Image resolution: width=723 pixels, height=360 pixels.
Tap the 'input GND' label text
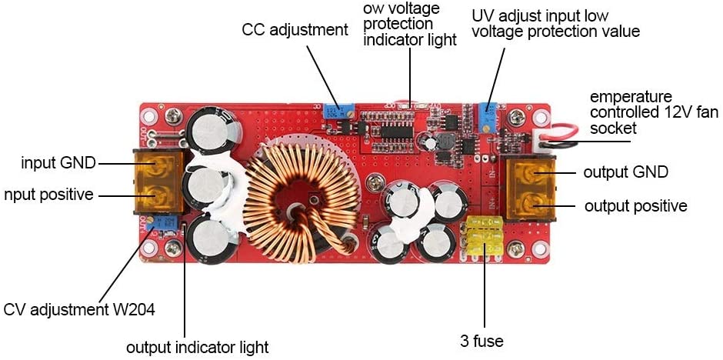(x=58, y=163)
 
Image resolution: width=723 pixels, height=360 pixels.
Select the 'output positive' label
(x=635, y=206)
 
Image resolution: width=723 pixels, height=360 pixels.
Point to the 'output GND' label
(x=625, y=172)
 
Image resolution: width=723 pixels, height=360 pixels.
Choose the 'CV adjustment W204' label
(x=79, y=310)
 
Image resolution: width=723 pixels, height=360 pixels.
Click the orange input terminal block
(x=159, y=182)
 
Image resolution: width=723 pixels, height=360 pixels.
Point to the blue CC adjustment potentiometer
(x=333, y=114)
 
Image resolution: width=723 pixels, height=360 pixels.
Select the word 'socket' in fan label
(x=611, y=128)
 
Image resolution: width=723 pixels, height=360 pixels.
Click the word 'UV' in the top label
(x=482, y=15)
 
